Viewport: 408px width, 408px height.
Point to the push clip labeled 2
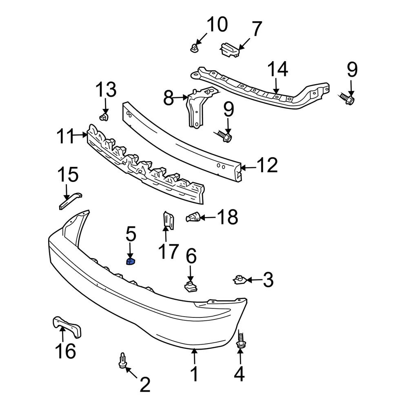tap(123, 360)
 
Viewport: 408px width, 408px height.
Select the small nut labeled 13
tap(104, 118)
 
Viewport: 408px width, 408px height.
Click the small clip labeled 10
tap(194, 48)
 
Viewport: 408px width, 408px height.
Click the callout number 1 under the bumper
tap(195, 374)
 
